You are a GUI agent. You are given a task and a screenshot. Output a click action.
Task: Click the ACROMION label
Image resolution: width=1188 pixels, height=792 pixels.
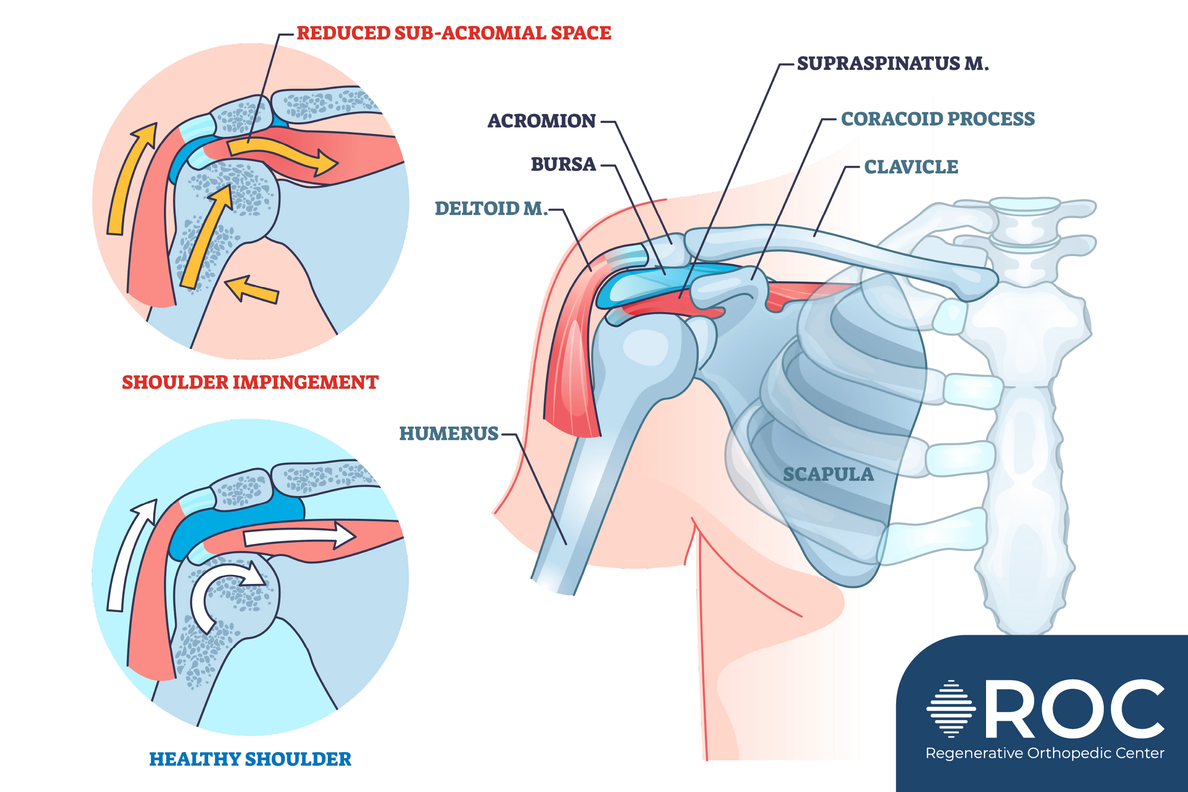[541, 121]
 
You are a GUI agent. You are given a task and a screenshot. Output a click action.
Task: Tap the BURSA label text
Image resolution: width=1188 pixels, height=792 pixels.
[563, 165]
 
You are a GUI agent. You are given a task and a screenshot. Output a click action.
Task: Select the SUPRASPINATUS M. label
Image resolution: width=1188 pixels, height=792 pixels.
[892, 64]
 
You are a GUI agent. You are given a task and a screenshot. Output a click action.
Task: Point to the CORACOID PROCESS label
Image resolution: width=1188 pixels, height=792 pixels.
[938, 119]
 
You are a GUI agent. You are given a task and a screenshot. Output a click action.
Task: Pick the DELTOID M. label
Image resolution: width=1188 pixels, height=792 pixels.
[491, 209]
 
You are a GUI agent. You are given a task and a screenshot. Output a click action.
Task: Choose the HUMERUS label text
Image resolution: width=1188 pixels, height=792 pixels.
[449, 434]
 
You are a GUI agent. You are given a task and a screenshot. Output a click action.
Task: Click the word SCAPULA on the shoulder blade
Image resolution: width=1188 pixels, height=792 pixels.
[828, 475]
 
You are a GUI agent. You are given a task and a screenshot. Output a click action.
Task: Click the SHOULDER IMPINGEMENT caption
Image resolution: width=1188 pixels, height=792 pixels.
[250, 382]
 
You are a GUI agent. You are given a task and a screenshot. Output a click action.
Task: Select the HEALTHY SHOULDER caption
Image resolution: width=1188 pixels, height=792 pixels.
[250, 759]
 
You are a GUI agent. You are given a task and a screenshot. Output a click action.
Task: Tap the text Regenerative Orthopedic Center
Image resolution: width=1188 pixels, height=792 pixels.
[1044, 753]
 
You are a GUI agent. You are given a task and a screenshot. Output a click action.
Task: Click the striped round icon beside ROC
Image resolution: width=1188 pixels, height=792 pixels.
[950, 709]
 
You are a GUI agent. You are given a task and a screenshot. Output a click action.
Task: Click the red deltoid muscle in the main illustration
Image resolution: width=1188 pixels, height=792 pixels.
[573, 374]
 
